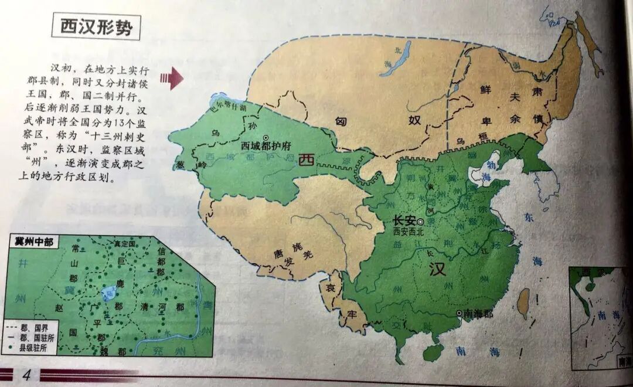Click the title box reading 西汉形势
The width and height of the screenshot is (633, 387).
click(96, 28)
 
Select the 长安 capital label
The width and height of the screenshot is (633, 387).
click(404, 221)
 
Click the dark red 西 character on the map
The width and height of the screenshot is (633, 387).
click(305, 160)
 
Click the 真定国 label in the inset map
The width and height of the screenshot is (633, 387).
click(124, 243)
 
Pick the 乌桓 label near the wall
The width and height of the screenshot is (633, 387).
click(469, 141)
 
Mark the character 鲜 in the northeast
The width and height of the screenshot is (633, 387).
click(484, 89)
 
